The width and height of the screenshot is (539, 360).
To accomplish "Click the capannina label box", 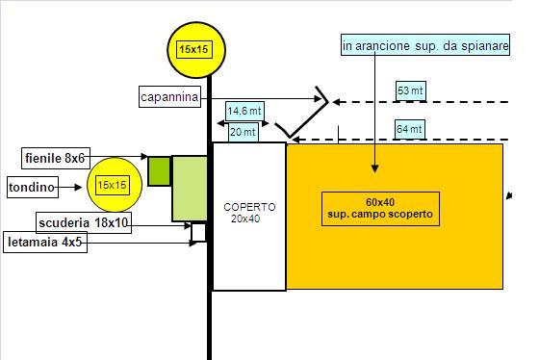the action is tap(169, 97).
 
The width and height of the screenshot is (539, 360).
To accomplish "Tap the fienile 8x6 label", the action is tap(56, 158).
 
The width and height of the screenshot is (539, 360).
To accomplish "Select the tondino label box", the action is tap(33, 188).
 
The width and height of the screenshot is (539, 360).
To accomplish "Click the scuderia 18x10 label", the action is tap(84, 222).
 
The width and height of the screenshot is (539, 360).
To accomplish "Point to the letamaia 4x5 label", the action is tap(45, 242).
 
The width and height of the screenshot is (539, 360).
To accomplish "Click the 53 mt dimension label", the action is tap(411, 91).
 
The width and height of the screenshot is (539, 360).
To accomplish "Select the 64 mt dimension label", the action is tap(409, 130).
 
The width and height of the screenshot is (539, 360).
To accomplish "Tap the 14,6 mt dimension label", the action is tap(244, 111).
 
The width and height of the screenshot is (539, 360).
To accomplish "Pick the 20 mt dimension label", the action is tap(243, 132).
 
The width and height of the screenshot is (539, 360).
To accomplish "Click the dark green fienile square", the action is tap(159, 171).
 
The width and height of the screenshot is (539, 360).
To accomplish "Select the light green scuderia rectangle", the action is tap(190, 189).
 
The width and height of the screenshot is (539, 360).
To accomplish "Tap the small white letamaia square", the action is tap(198, 232).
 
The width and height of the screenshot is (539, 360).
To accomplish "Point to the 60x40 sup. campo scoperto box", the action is tap(380, 209).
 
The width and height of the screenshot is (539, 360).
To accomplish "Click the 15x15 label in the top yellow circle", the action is tap(193, 49).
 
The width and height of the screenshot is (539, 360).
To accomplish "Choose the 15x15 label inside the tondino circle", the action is tap(112, 186).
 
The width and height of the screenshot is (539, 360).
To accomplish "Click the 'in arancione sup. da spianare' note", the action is tap(425, 45).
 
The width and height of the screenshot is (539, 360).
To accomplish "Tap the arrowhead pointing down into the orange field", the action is tap(375, 168).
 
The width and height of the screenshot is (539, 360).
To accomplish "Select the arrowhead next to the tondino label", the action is tap(78, 188).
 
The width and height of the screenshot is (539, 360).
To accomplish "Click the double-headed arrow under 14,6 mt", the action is tap(243, 123).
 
